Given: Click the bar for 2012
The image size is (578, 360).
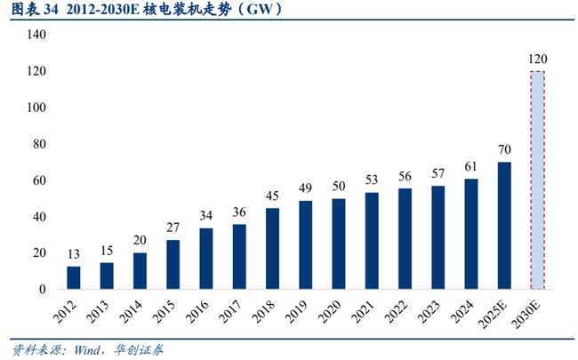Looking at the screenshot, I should click(74, 277).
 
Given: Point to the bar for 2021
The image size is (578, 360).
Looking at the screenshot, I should click(372, 240).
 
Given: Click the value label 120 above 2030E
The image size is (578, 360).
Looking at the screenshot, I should click(537, 60).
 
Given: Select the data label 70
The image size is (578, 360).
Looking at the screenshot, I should click(504, 149).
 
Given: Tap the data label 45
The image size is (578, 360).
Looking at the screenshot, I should click(272, 196).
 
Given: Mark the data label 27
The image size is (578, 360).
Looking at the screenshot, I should click(173, 228).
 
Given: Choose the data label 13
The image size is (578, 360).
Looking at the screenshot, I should click(74, 254).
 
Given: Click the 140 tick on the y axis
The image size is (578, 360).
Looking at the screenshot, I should click(36, 34).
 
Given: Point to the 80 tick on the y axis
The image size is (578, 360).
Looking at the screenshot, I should click(39, 143).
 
